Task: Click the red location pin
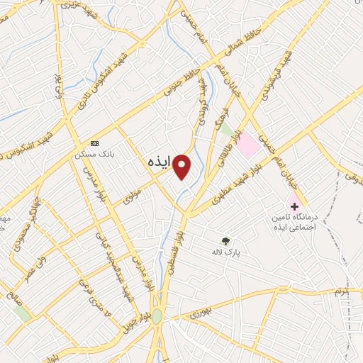(x=182, y=166)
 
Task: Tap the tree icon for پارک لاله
(x=226, y=241)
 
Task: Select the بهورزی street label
(x=201, y=309)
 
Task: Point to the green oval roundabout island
(x=157, y=318)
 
